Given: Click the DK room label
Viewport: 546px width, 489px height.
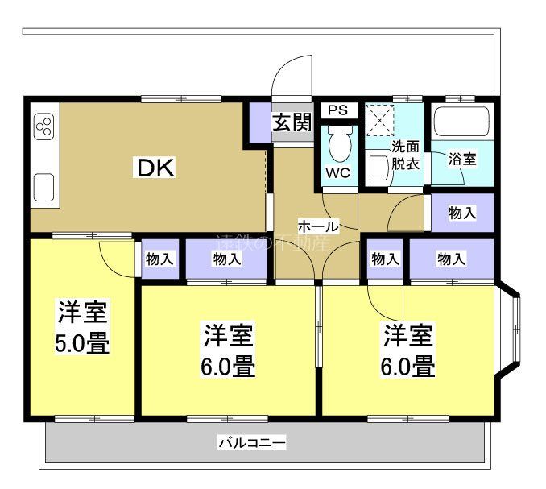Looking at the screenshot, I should (155, 168).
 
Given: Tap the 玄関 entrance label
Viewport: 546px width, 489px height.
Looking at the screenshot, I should (290, 122).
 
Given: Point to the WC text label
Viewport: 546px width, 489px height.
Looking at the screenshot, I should (337, 172).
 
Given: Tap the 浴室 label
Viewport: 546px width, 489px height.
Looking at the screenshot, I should (462, 159).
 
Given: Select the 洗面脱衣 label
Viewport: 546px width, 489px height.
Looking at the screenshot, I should (405, 155).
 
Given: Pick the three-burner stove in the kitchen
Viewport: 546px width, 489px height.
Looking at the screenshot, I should (44, 126).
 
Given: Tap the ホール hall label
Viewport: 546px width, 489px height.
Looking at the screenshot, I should (318, 226).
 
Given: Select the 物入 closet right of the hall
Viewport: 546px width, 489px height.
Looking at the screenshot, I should (461, 213).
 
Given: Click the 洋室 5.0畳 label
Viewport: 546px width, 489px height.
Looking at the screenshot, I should (82, 327).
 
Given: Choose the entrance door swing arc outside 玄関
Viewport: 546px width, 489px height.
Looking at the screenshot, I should (292, 77).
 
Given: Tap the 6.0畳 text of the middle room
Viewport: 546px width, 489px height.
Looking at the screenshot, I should (229, 367).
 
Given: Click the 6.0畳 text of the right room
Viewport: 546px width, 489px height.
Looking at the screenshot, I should (408, 367).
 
